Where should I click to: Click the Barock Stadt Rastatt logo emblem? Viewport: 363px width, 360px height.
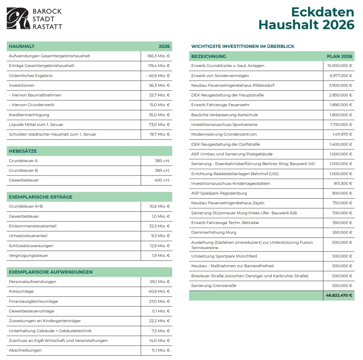click(18, 18)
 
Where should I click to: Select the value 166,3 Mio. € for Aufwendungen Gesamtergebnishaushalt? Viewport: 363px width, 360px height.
click(159, 56)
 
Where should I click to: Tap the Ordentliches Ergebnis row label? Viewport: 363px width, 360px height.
click(31, 76)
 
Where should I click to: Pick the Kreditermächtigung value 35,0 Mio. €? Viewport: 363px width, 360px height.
click(160, 115)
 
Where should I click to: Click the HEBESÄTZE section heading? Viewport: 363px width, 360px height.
click(23, 151)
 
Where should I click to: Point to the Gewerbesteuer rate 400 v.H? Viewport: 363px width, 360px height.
click(162, 180)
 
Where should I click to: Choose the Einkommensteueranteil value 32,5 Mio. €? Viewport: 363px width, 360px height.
click(160, 226)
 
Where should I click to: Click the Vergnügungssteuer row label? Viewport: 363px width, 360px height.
click(28, 256)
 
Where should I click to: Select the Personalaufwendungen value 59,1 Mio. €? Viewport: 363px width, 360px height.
click(160, 282)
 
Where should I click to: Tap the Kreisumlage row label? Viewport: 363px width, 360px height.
click(21, 291)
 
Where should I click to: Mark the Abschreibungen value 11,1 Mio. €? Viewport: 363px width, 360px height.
click(161, 350)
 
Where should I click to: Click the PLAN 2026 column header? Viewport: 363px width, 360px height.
click(339, 56)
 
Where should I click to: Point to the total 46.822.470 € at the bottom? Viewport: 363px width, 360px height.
click(339, 295)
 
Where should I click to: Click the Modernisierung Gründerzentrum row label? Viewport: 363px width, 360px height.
click(224, 134)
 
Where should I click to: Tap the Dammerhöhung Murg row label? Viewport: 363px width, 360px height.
click(214, 232)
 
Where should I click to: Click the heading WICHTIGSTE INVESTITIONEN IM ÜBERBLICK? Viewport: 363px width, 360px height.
click(243, 47)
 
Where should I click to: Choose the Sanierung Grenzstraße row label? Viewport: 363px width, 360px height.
click(214, 286)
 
